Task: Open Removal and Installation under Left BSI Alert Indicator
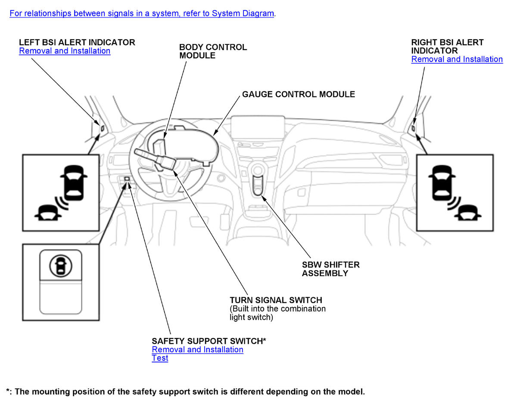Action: (x=65, y=51)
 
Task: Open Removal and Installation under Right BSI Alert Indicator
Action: (x=457, y=59)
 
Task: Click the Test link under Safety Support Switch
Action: (x=160, y=358)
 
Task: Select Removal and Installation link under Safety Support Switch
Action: (x=197, y=349)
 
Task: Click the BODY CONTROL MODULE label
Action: (x=213, y=51)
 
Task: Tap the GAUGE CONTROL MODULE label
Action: (x=298, y=94)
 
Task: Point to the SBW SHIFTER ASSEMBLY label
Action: (x=330, y=269)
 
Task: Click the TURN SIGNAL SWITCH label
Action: (x=276, y=300)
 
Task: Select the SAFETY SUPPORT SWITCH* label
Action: (x=209, y=341)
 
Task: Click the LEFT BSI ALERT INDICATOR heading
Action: (x=77, y=42)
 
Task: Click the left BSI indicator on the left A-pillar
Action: (x=102, y=128)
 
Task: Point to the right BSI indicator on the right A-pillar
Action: (x=413, y=128)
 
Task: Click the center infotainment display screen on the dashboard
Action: (x=258, y=127)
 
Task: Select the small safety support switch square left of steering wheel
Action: (x=127, y=179)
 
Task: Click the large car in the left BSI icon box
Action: (x=74, y=182)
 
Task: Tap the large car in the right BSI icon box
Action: (x=442, y=182)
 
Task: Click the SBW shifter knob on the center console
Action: (x=258, y=169)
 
